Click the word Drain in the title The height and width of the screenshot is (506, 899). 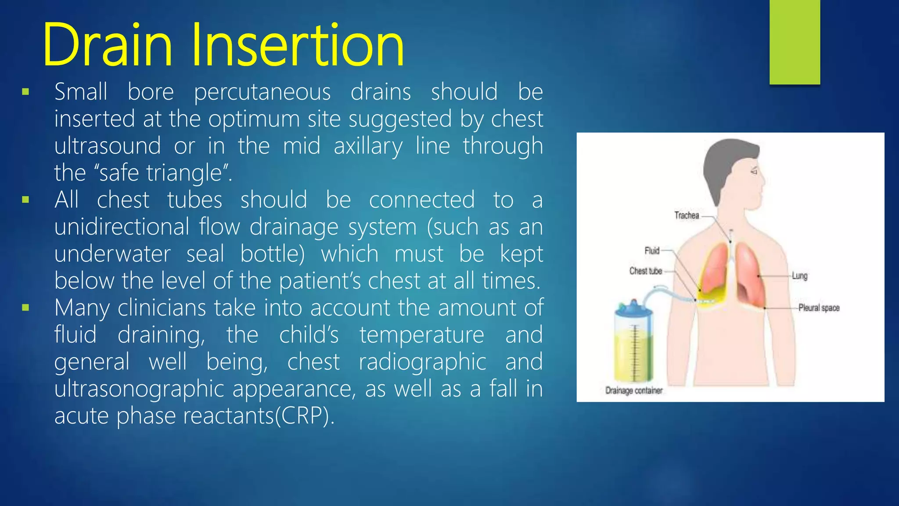point(107,46)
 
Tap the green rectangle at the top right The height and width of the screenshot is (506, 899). point(795,41)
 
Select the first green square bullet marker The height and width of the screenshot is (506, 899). point(25,92)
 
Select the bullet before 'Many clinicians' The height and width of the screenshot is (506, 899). point(25,308)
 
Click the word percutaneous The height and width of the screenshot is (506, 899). point(262,92)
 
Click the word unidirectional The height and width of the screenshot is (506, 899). point(122,227)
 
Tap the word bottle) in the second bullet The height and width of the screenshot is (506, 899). point(272,254)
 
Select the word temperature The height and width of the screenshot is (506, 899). point(421,335)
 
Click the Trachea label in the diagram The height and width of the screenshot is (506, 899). point(687,215)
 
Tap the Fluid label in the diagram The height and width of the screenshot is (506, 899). point(652,250)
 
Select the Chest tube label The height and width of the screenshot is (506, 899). point(645,271)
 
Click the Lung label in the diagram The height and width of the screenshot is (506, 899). point(799,276)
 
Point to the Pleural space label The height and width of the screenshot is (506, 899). point(819,308)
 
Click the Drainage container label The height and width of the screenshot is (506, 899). point(633,390)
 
